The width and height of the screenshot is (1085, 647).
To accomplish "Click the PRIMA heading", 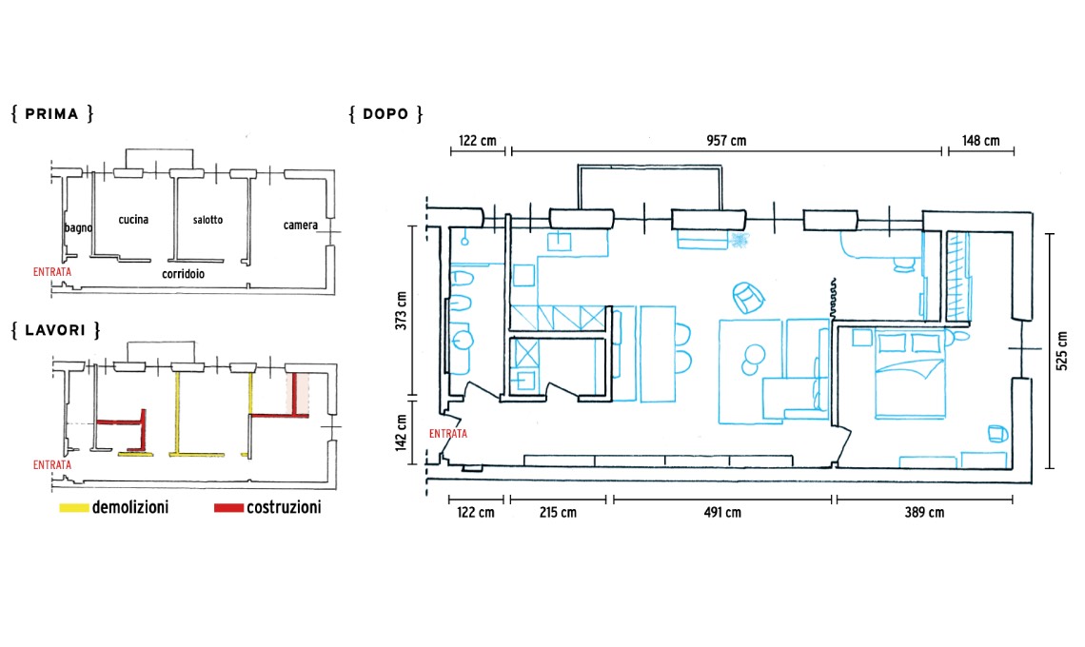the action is pyautogui.click(x=52, y=114).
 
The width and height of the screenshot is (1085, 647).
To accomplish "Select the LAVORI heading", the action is pyautogui.click(x=55, y=330).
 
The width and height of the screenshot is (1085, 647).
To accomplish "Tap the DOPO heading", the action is pyautogui.click(x=385, y=114).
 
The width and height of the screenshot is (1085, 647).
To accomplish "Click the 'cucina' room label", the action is pyautogui.click(x=133, y=220).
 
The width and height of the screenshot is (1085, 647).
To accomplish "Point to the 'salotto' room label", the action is pyautogui.click(x=207, y=220).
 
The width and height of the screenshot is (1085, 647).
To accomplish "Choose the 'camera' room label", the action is pyautogui.click(x=301, y=225).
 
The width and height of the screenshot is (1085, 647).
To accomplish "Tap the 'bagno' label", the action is pyautogui.click(x=78, y=227).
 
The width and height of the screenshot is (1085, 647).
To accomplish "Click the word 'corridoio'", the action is pyautogui.click(x=184, y=274).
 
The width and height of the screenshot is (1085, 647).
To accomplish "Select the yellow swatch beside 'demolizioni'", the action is pyautogui.click(x=74, y=508).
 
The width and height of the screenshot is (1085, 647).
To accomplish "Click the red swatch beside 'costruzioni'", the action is pyautogui.click(x=228, y=508).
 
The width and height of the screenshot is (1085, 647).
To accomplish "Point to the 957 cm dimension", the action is pyautogui.click(x=726, y=141).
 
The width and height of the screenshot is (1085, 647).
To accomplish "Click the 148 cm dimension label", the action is pyautogui.click(x=980, y=141).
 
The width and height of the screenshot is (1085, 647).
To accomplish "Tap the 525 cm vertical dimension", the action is pyautogui.click(x=1062, y=351).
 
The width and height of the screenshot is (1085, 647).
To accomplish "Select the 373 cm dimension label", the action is pyautogui.click(x=402, y=310).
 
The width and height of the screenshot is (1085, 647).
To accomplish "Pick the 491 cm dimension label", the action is pyautogui.click(x=722, y=513).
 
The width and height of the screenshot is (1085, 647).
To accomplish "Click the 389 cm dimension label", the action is pyautogui.click(x=924, y=513).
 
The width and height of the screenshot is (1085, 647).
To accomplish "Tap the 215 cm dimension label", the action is pyautogui.click(x=558, y=513).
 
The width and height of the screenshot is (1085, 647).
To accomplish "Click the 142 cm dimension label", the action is pyautogui.click(x=402, y=433).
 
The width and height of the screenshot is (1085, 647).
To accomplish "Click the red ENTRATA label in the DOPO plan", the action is pyautogui.click(x=447, y=434).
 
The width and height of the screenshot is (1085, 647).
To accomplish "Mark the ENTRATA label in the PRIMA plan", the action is pyautogui.click(x=52, y=272).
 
